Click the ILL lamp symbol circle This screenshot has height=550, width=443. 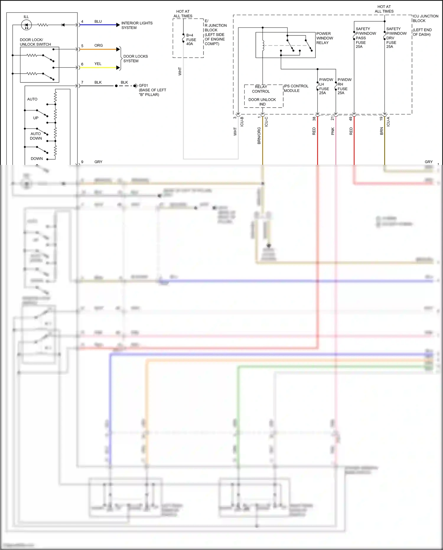(26, 25)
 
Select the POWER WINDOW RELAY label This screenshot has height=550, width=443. (325, 38)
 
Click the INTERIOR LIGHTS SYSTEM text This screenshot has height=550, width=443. (137, 25)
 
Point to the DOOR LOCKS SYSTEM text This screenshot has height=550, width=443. (135, 59)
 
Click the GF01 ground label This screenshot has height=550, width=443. (143, 86)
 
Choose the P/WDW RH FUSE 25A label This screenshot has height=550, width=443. (344, 86)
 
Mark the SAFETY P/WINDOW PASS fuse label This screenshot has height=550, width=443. (366, 38)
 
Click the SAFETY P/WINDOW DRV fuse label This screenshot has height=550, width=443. (396, 38)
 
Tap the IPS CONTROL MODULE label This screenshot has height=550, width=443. (296, 88)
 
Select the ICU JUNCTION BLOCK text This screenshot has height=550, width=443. (425, 18)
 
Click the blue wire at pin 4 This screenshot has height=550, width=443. (99, 25)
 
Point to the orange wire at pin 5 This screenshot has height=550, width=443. (99, 49)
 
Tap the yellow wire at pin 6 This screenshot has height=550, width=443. (99, 68)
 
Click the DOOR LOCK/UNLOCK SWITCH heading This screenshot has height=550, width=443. (35, 42)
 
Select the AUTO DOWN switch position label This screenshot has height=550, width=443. (36, 136)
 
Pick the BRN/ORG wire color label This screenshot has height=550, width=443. (259, 136)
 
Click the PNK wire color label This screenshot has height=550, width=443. (333, 131)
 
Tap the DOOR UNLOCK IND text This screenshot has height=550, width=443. (262, 102)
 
